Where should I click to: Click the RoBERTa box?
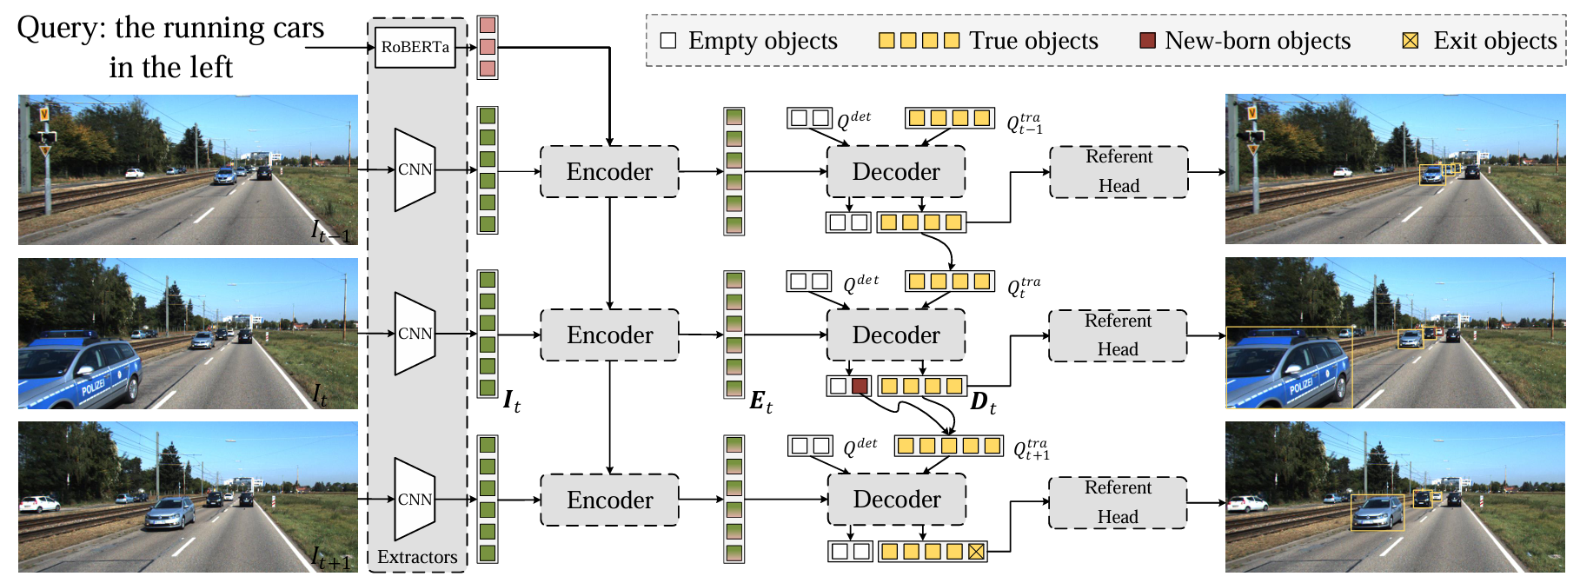[x=415, y=47]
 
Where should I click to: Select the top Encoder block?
[x=609, y=172]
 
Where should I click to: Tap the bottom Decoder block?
[x=896, y=500]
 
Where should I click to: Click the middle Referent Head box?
[x=1118, y=335]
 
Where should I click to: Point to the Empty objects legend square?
[x=668, y=41]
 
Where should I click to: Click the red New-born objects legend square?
[x=1147, y=41]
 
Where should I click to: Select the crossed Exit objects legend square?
[x=1410, y=41]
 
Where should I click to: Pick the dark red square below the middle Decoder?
[x=860, y=386]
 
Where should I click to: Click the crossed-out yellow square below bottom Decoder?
[x=976, y=551]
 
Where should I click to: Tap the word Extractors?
[x=417, y=558]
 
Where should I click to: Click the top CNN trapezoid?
[x=415, y=170]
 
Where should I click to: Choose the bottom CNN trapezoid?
[x=415, y=500]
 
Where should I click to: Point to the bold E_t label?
[x=760, y=401]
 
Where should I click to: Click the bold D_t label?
[x=983, y=403]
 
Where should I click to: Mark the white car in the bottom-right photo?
[x=1246, y=503]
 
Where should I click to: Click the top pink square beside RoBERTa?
[x=488, y=25]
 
